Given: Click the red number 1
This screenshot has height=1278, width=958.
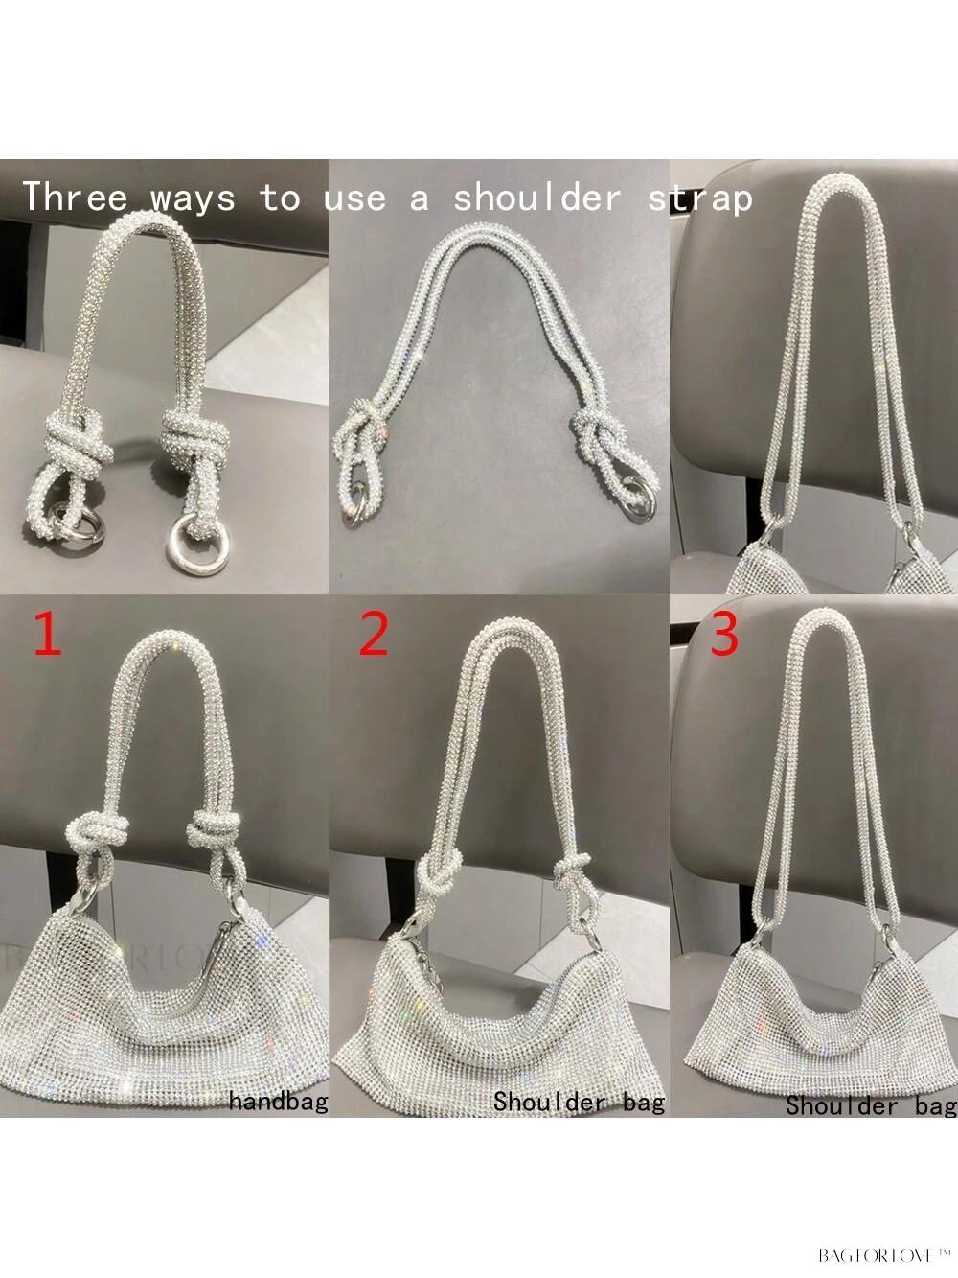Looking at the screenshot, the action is tap(49, 634).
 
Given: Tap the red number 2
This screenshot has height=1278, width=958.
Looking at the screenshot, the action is tap(374, 634).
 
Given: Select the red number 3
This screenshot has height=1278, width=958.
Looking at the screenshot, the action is tap(724, 634).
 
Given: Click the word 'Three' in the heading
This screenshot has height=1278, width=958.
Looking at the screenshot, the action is tap(75, 197).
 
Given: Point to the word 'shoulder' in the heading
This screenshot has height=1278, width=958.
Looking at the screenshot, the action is tap(536, 197).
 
